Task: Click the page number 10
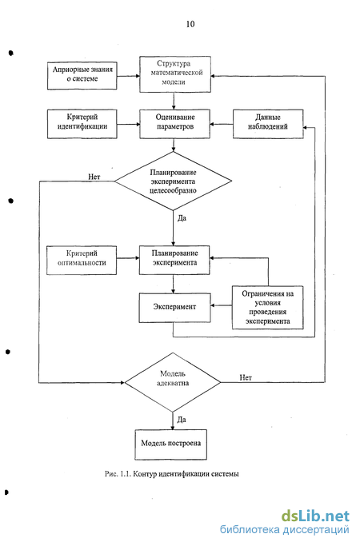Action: tap(190, 24)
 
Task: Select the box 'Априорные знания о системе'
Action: tap(82, 76)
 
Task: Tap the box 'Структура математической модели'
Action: tap(175, 74)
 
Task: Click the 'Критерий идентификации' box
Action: tap(82, 125)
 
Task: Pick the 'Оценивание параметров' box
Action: tap(175, 125)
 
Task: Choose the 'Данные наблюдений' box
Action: tap(268, 125)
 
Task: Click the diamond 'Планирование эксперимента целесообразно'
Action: tap(174, 181)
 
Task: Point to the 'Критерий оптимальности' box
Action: tap(82, 261)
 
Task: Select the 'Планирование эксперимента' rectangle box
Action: tap(174, 260)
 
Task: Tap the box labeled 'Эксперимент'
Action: tap(174, 308)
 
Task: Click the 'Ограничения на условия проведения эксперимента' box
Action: tap(268, 308)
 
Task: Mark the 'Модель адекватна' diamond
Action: tap(173, 382)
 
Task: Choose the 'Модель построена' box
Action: tap(170, 444)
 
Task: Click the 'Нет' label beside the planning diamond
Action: tap(94, 177)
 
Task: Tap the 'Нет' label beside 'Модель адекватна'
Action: tap(246, 377)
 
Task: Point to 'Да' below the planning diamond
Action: tap(182, 218)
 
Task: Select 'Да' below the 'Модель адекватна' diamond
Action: tap(182, 420)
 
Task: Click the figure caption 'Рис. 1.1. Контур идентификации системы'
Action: tap(172, 474)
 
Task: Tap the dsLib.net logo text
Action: tap(315, 516)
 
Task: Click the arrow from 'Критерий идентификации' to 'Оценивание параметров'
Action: tap(128, 124)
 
